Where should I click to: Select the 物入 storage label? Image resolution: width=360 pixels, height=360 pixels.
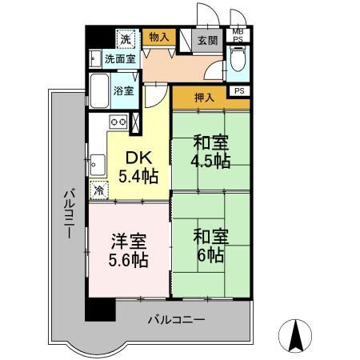click(x=158, y=37)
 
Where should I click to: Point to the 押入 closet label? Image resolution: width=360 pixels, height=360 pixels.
click(x=204, y=98)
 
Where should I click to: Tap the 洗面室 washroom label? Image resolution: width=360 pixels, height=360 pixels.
click(x=120, y=58)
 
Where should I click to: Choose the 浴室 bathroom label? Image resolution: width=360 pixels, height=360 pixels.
click(x=124, y=91)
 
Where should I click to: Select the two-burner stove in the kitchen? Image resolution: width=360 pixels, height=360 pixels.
click(x=118, y=122)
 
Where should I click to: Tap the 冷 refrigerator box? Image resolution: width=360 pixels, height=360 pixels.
click(x=98, y=190)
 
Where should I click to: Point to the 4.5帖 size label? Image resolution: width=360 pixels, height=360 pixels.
click(x=211, y=160)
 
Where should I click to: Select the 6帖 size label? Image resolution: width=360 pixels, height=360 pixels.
click(x=211, y=255)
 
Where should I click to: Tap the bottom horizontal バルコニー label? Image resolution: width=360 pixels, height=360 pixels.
click(x=176, y=320)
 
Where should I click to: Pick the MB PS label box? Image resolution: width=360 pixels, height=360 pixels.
click(x=238, y=34)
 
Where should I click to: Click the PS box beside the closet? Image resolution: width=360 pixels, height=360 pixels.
click(x=239, y=90)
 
